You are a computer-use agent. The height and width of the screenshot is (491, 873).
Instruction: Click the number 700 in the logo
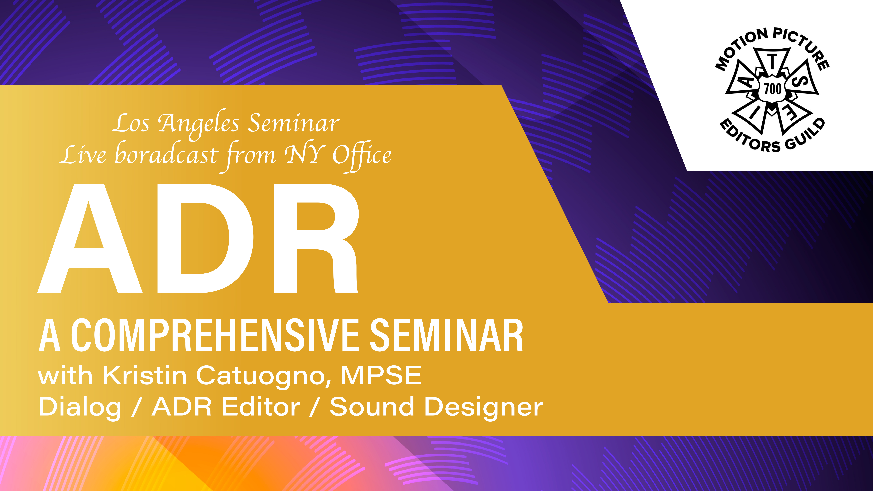[x=773, y=89]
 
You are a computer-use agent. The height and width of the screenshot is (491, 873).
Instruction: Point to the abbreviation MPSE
[x=381, y=375]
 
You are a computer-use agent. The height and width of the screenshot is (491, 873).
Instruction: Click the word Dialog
[x=80, y=408]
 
